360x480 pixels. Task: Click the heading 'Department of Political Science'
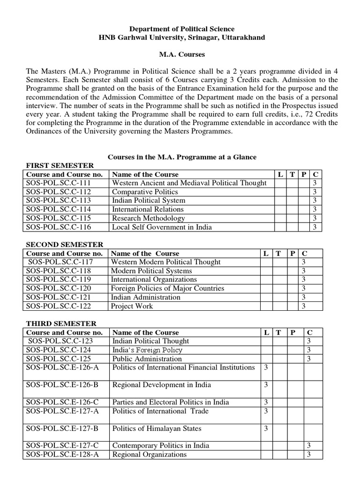(181, 29)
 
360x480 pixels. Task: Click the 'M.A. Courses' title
(182, 54)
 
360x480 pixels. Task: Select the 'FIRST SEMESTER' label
(60, 165)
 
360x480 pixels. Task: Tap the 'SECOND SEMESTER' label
(65, 245)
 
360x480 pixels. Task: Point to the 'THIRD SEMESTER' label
(61, 323)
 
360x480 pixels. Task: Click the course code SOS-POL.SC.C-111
(59, 183)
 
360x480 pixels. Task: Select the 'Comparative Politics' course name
(145, 192)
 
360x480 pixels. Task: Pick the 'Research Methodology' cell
(148, 218)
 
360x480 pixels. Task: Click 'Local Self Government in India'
(162, 227)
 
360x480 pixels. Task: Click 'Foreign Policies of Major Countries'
(167, 288)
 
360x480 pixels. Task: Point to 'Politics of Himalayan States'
(157, 428)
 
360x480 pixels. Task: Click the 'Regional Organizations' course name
(149, 454)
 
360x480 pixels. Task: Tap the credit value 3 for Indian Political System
(315, 201)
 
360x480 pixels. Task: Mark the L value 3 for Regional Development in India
(266, 385)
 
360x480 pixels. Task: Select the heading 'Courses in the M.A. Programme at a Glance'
(182, 157)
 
